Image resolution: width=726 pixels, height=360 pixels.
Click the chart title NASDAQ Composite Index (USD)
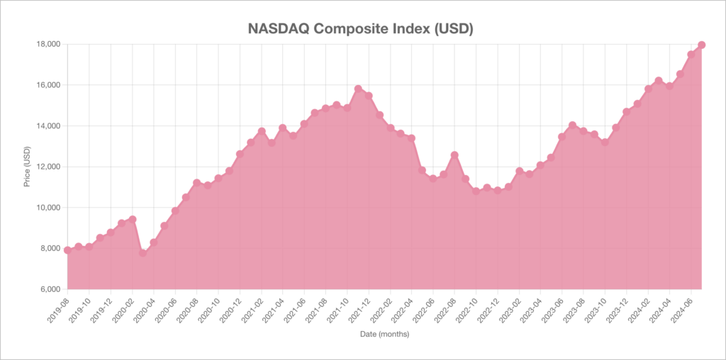[360, 29]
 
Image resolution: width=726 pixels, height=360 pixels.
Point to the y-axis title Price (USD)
[27, 167]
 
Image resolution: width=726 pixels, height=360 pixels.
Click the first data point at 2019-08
[67, 250]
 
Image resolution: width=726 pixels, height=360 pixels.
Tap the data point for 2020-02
[132, 220]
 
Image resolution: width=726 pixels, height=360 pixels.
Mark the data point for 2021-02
[261, 131]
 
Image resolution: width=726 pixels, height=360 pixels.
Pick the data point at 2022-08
[454, 155]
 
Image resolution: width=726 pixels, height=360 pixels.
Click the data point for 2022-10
[476, 191]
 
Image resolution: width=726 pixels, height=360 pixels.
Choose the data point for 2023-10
[605, 142]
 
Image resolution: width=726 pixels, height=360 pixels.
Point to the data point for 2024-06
[691, 55]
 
